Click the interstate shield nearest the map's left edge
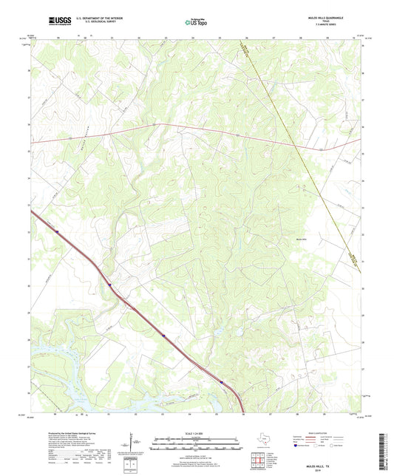[57, 230]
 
